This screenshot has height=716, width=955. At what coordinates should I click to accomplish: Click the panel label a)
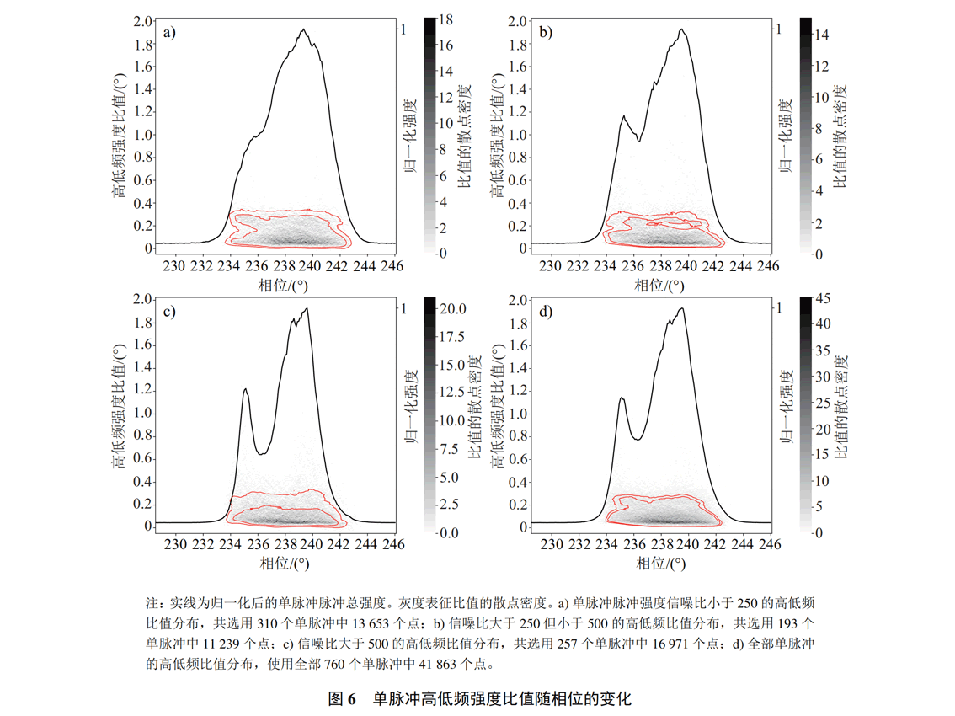169,33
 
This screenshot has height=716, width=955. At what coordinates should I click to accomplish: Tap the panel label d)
547,312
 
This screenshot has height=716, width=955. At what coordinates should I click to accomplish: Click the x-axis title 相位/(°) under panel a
283,284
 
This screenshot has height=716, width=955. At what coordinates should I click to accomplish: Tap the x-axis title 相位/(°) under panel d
659,562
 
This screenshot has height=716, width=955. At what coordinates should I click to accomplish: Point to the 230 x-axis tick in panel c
174,544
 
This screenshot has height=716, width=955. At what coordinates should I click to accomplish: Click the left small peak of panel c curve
245,389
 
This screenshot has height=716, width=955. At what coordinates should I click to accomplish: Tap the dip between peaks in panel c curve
262,454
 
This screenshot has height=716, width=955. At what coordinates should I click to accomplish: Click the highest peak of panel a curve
301,30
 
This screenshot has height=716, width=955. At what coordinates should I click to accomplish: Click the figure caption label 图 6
343,698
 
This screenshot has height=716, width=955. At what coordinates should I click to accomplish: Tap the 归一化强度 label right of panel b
788,135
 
